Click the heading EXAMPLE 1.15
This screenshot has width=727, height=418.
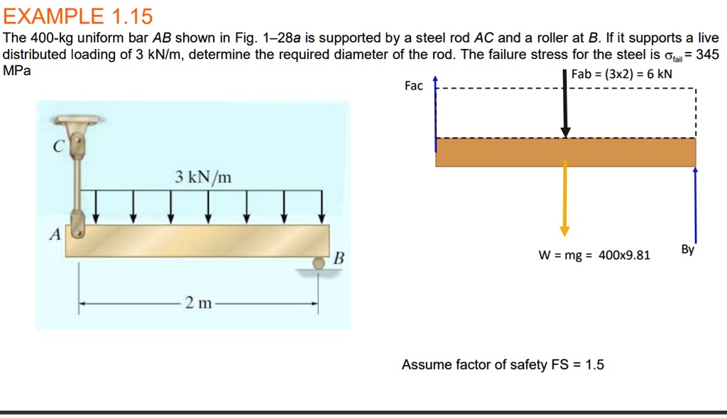click(77, 15)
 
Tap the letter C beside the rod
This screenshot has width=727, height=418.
click(59, 146)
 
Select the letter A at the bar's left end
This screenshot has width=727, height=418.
click(53, 236)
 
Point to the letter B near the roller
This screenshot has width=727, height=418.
click(339, 257)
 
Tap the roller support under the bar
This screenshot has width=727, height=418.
click(317, 264)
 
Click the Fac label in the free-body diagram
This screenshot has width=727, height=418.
click(413, 86)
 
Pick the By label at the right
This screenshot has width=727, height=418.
click(687, 250)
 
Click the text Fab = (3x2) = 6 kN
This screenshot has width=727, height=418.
click(621, 73)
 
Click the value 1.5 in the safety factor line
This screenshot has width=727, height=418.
click(594, 365)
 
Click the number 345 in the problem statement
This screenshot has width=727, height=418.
click(708, 55)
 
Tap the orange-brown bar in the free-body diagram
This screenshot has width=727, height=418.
click(566, 152)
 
